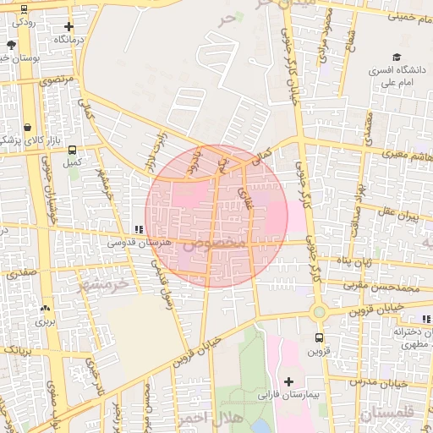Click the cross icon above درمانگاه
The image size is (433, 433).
click(69, 26)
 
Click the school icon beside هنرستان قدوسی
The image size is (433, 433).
click(138, 228)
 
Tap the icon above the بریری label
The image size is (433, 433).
click(44, 308)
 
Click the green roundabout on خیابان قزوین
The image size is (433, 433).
click(318, 312)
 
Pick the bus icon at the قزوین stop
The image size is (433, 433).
click(318, 337)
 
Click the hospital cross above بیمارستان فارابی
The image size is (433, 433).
click(290, 381)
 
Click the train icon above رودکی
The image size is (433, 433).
click(23, 9)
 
